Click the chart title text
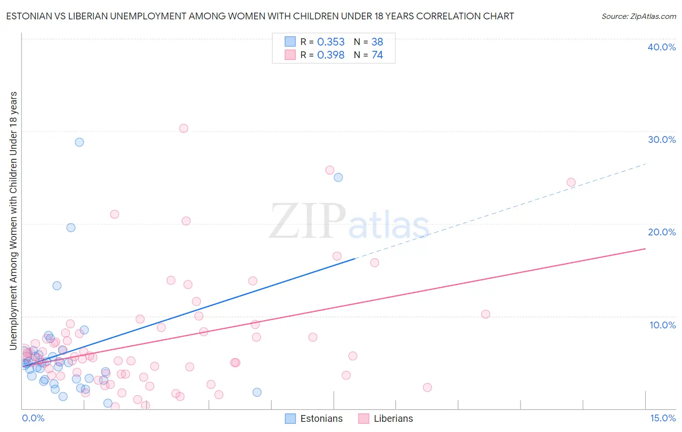[260, 16]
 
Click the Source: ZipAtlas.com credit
[638, 16]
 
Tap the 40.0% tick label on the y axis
[662, 47]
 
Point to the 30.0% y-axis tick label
[662, 139]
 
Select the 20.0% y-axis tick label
[662, 232]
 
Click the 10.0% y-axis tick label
[662, 325]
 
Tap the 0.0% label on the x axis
[33, 418]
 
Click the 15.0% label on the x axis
[663, 418]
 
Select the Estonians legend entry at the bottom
[314, 418]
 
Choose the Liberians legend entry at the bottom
[386, 418]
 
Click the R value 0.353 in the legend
[331, 42]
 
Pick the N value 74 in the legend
[377, 55]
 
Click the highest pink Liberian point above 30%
[183, 128]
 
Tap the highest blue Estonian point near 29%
[79, 142]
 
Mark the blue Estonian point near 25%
[338, 177]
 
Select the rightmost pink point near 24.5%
[571, 183]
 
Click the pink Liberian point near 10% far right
[486, 314]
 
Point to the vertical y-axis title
[13, 220]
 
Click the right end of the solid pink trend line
[645, 248]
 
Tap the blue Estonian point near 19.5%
[71, 228]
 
